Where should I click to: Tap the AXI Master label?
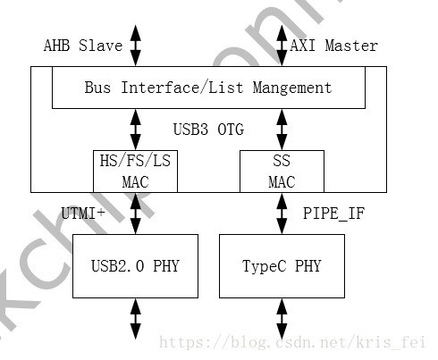pos(334,46)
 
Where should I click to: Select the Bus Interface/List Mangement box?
pos(207,88)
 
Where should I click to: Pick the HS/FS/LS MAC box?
pos(135,171)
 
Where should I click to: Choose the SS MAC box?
pos(282,171)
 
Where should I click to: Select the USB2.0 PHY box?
pos(135,266)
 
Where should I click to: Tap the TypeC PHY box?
pos(282,266)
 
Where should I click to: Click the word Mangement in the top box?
pos(291,88)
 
